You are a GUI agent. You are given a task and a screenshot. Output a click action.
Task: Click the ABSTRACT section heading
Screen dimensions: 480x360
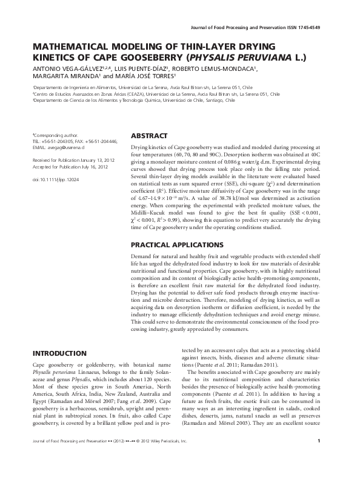[151, 136]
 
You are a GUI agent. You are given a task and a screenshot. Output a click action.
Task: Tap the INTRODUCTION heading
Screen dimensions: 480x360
[59, 353]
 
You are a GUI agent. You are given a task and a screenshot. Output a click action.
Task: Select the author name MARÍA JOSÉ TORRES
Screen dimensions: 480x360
[144, 77]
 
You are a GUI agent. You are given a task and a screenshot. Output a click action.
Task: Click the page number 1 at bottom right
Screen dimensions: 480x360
[318, 458]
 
